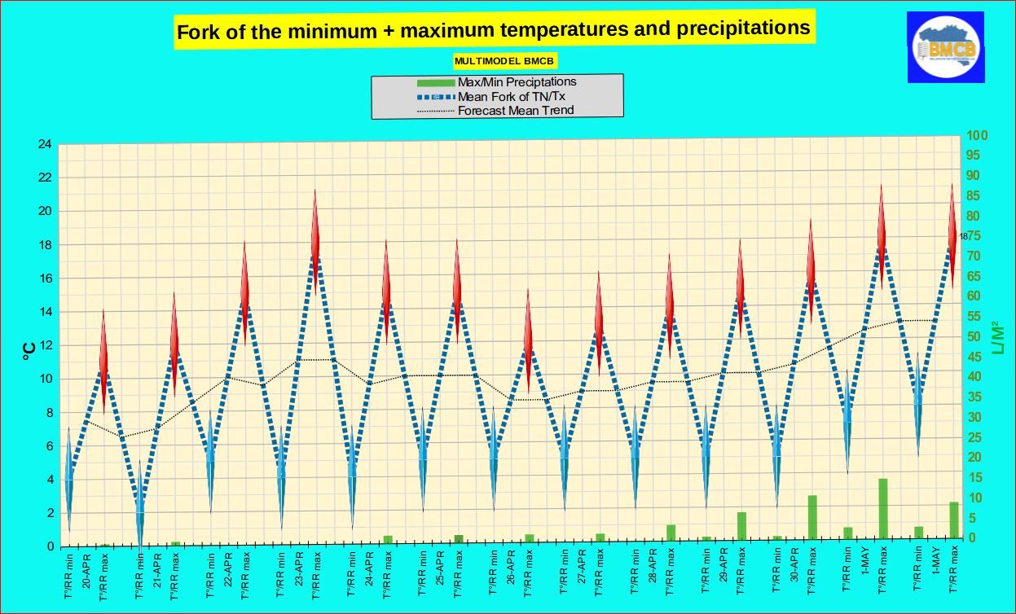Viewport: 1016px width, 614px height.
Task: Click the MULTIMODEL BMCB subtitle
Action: (505, 61)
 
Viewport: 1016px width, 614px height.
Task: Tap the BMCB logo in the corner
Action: (946, 48)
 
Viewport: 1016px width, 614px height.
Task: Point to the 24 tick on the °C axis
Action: (45, 145)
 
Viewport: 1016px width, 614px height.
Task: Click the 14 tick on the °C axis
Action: (45, 312)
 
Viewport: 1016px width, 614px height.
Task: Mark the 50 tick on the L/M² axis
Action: (974, 337)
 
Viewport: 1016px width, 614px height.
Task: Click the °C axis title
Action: (28, 350)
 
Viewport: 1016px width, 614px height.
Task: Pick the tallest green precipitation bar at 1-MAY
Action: (882, 508)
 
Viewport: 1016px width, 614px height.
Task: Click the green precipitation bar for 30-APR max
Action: (811, 517)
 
